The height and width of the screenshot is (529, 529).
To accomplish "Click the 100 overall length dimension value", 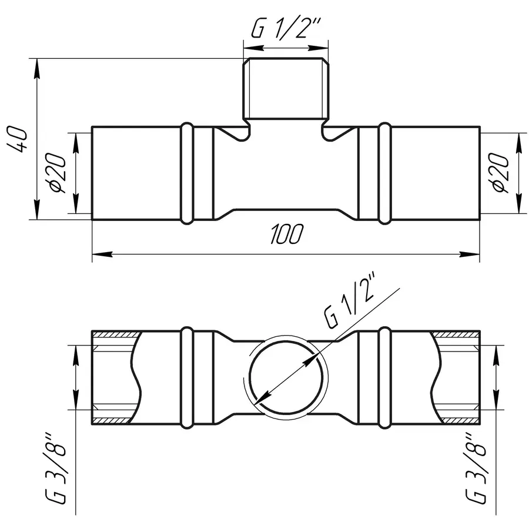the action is pos(286,234).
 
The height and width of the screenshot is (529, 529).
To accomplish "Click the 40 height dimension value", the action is pos(17,139).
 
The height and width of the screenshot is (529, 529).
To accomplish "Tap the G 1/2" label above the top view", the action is pos(286,27).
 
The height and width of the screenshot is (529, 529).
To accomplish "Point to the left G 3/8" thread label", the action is pos(55,469).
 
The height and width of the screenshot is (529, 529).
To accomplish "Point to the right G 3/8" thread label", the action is pos(476,469).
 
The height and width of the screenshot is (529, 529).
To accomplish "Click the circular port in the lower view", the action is pos(249,376).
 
